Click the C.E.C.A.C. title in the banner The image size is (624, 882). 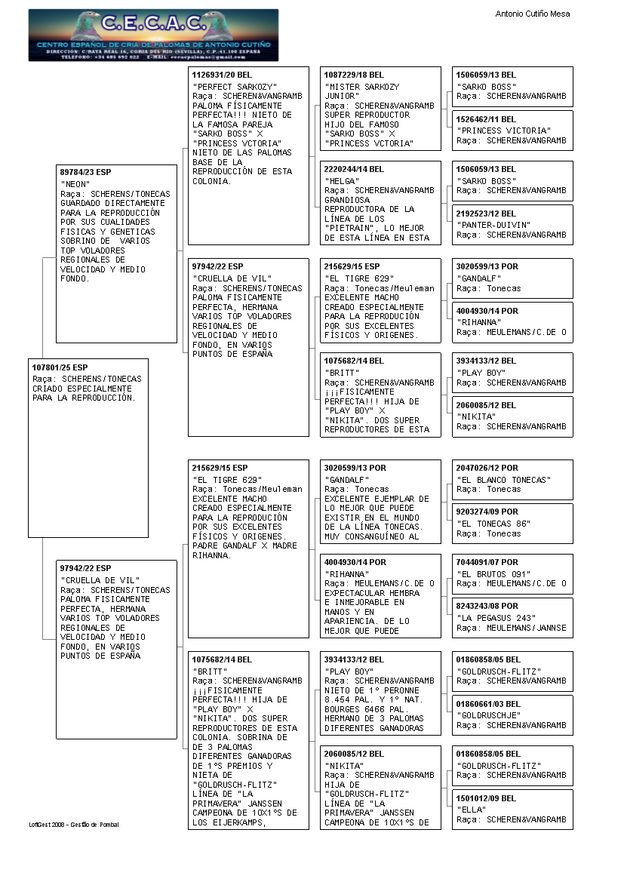(154, 23)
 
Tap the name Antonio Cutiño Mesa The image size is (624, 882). (533, 14)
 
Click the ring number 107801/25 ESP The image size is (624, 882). (60, 367)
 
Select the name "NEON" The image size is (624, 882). (75, 183)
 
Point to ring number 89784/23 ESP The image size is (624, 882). (85, 171)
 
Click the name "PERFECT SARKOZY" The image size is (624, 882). (235, 87)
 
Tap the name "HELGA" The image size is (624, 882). (340, 181)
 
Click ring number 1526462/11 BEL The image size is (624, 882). (486, 119)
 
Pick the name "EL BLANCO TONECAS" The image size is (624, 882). (503, 480)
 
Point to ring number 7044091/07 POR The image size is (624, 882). (487, 562)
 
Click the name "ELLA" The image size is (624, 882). (471, 810)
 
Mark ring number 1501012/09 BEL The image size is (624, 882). (486, 798)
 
